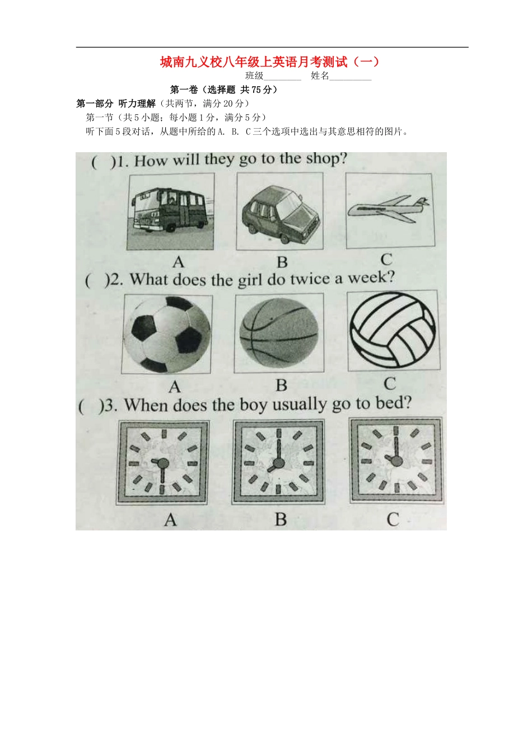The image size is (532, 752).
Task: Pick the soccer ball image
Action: tap(167, 335)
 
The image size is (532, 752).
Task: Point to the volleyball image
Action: tap(393, 330)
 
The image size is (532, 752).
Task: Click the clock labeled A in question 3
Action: tap(163, 463)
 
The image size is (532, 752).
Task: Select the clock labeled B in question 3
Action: tap(278, 462)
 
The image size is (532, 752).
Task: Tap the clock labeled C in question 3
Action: tap(396, 460)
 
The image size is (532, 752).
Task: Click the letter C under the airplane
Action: tap(386, 260)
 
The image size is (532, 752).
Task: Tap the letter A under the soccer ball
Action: tap(175, 387)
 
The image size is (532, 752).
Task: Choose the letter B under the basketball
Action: tap(281, 386)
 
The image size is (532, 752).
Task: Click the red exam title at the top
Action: tap(270, 62)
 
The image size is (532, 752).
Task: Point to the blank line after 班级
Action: tap(282, 80)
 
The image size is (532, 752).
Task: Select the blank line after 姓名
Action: tap(350, 80)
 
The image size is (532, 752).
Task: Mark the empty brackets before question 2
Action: tap(97, 281)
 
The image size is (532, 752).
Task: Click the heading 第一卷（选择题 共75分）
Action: tap(224, 90)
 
